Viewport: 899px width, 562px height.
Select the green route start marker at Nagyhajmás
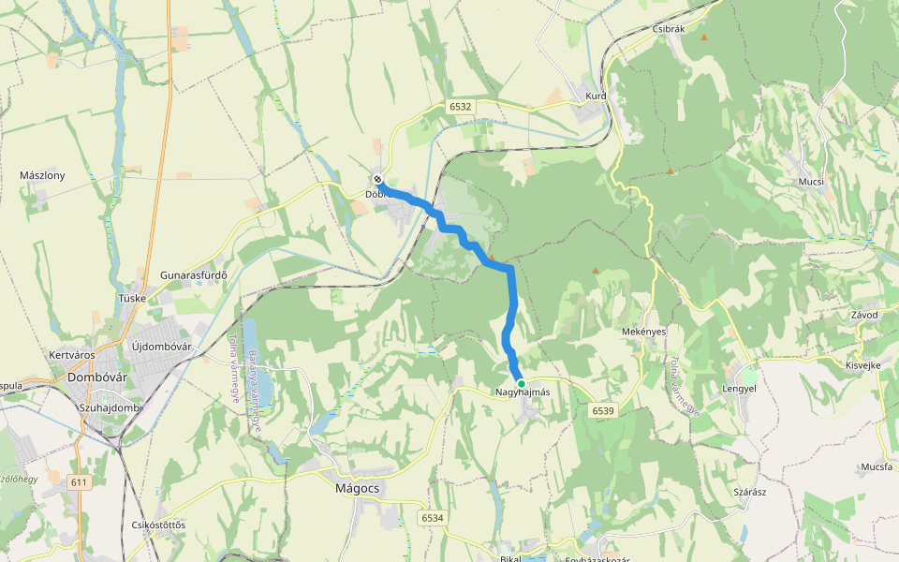522,384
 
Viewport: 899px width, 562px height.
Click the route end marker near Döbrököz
378,179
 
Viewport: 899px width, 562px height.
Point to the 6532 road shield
460,107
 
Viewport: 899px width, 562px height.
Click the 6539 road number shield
603,410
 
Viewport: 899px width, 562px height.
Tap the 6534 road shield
432,517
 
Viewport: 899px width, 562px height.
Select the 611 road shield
79,481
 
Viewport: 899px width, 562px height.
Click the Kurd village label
597,96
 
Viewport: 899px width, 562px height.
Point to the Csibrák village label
670,29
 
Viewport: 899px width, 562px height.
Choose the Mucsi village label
811,181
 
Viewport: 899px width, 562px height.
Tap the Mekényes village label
643,332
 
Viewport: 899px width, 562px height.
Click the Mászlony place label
42,175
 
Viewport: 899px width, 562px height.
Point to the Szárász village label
750,492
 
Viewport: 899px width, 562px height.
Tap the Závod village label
862,315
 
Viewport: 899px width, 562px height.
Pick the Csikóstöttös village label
159,524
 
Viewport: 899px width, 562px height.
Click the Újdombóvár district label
161,347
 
